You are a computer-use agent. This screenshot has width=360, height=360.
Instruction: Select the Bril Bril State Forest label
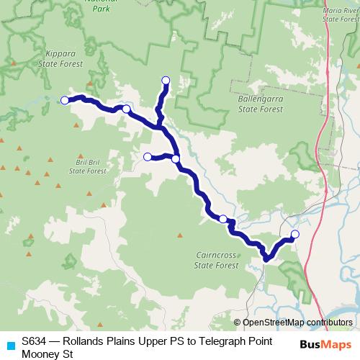click(87, 166)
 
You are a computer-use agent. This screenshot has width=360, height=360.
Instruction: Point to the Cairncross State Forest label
click(217, 259)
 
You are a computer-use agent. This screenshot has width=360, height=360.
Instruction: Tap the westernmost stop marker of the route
click(64, 100)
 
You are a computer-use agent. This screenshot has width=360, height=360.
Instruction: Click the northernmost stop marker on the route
click(166, 80)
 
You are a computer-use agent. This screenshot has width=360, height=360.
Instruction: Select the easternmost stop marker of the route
click(295, 233)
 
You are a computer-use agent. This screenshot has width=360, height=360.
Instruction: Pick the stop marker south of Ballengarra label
click(223, 219)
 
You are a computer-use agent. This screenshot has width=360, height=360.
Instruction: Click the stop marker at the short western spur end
click(148, 156)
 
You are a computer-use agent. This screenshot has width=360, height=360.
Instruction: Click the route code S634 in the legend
click(33, 342)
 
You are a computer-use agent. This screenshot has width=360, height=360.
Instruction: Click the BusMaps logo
click(327, 343)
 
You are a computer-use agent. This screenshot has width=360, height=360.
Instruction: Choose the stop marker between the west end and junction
click(126, 109)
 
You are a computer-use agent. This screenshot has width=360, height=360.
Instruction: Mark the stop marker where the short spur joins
click(176, 158)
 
